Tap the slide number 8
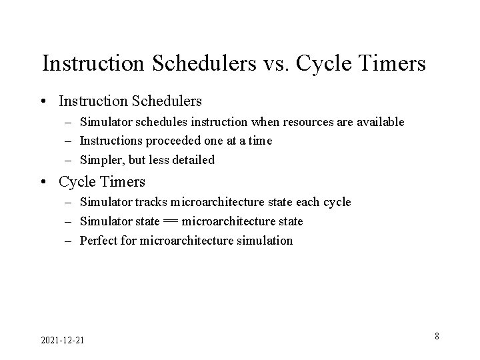[437, 336]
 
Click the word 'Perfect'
[97, 241]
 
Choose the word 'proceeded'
[162, 141]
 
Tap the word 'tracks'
[151, 202]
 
